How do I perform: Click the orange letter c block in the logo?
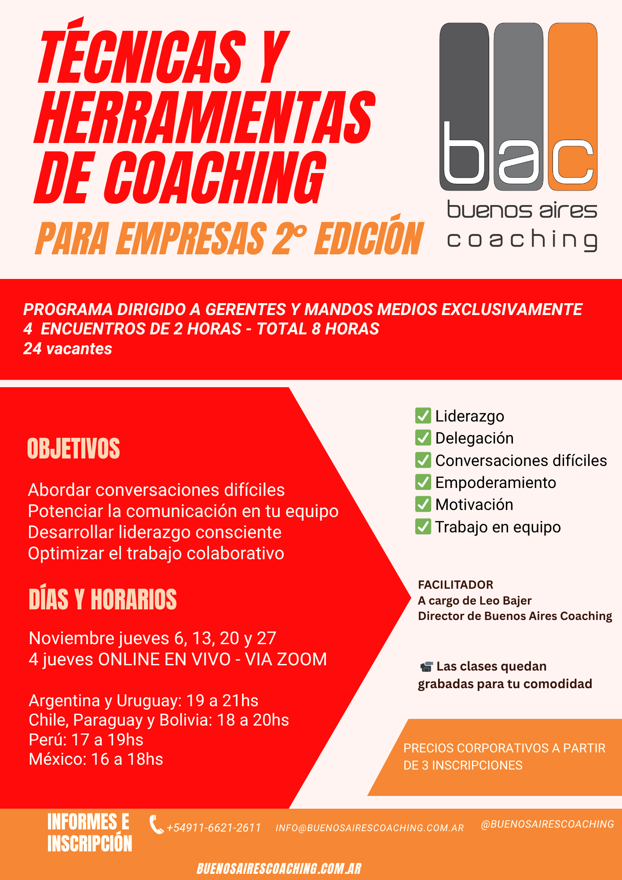[573, 107]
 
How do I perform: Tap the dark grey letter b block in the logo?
[464, 107]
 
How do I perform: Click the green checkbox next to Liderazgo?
[423, 415]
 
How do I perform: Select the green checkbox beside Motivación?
[423, 504]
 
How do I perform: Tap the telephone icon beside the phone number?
[156, 825]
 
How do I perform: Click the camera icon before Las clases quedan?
[426, 667]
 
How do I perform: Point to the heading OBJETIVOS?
[73, 449]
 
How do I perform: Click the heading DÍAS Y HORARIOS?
[102, 599]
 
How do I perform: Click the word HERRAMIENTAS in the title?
[205, 117]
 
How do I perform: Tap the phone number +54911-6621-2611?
[214, 828]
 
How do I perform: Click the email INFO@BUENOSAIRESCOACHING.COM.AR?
[370, 828]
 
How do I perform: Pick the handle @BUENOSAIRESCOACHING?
[548, 824]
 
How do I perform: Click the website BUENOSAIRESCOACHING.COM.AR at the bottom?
[279, 869]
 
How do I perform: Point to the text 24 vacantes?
[68, 349]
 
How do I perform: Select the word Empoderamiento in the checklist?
[496, 483]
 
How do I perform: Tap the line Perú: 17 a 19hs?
[86, 740]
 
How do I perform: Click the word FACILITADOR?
[456, 585]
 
